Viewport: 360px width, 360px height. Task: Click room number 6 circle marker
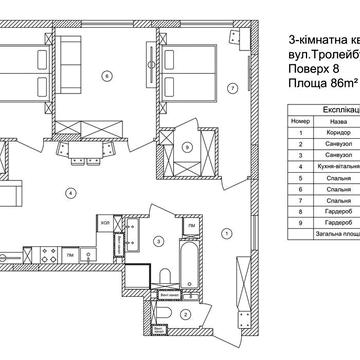pos(106,76)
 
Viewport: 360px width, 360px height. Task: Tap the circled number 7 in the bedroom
pos(232,88)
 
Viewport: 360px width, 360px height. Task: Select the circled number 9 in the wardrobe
pos(188,145)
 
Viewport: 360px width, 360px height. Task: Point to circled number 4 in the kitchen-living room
pos(71,191)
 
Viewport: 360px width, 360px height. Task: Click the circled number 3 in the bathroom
pos(158,241)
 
